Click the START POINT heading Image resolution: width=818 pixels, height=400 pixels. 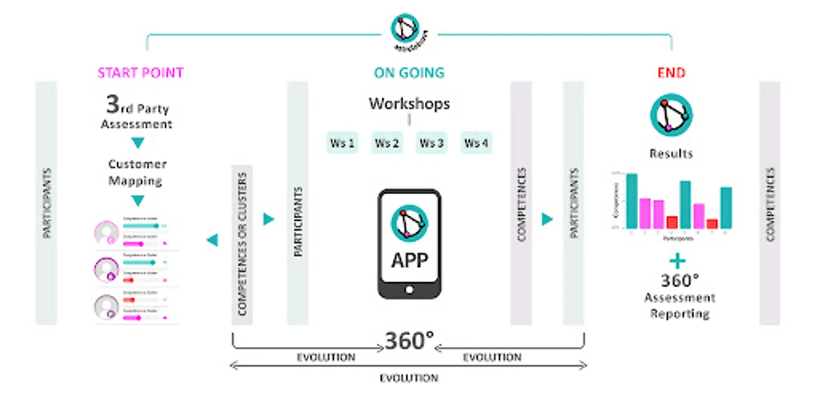140,73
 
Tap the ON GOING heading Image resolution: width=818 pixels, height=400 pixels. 409,73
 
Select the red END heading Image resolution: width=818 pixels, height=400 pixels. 671,73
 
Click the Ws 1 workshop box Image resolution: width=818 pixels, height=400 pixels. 342,143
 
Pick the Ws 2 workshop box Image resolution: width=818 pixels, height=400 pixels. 387,143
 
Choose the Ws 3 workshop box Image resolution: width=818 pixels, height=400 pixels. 431,143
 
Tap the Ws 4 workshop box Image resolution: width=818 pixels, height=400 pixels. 476,143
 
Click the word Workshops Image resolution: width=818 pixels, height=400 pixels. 409,104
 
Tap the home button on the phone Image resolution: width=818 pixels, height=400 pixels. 409,290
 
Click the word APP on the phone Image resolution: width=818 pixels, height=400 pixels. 409,260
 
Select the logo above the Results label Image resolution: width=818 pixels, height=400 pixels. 671,115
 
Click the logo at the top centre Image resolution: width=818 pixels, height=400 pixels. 405,29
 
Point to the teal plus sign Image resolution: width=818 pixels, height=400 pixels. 677,261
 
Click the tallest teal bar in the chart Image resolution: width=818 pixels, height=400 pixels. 632,201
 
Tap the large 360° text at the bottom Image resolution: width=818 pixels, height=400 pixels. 409,341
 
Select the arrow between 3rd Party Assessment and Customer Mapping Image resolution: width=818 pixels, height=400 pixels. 138,143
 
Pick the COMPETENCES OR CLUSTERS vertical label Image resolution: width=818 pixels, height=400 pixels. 242,244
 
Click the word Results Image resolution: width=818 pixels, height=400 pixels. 671,154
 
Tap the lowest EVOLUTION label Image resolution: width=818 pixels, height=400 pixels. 409,378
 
